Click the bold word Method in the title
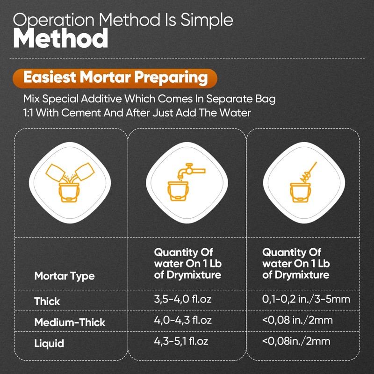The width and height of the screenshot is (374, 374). click(x=61, y=38)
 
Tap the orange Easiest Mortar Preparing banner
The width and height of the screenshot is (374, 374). click(x=115, y=78)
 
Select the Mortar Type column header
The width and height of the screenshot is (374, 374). click(x=65, y=276)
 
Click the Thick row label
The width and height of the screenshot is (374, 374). click(x=47, y=301)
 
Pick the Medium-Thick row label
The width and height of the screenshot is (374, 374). click(x=70, y=322)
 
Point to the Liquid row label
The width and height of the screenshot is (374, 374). click(x=49, y=344)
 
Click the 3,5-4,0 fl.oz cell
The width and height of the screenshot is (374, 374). click(x=183, y=299)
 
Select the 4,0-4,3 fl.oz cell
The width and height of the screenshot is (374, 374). click(x=183, y=320)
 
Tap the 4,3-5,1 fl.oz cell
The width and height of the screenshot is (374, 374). click(x=181, y=341)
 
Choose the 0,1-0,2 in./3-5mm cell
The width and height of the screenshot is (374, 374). click(x=306, y=299)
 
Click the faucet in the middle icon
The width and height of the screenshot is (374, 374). click(x=191, y=171)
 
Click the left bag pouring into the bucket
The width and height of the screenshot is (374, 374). click(x=55, y=172)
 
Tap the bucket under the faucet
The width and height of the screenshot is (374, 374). click(x=178, y=191)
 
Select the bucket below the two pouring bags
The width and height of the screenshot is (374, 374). click(x=69, y=193)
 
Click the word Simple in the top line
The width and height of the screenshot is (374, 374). click(x=207, y=20)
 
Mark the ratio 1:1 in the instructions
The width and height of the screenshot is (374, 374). click(x=29, y=113)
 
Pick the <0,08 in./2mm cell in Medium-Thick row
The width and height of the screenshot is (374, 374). click(x=297, y=320)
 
